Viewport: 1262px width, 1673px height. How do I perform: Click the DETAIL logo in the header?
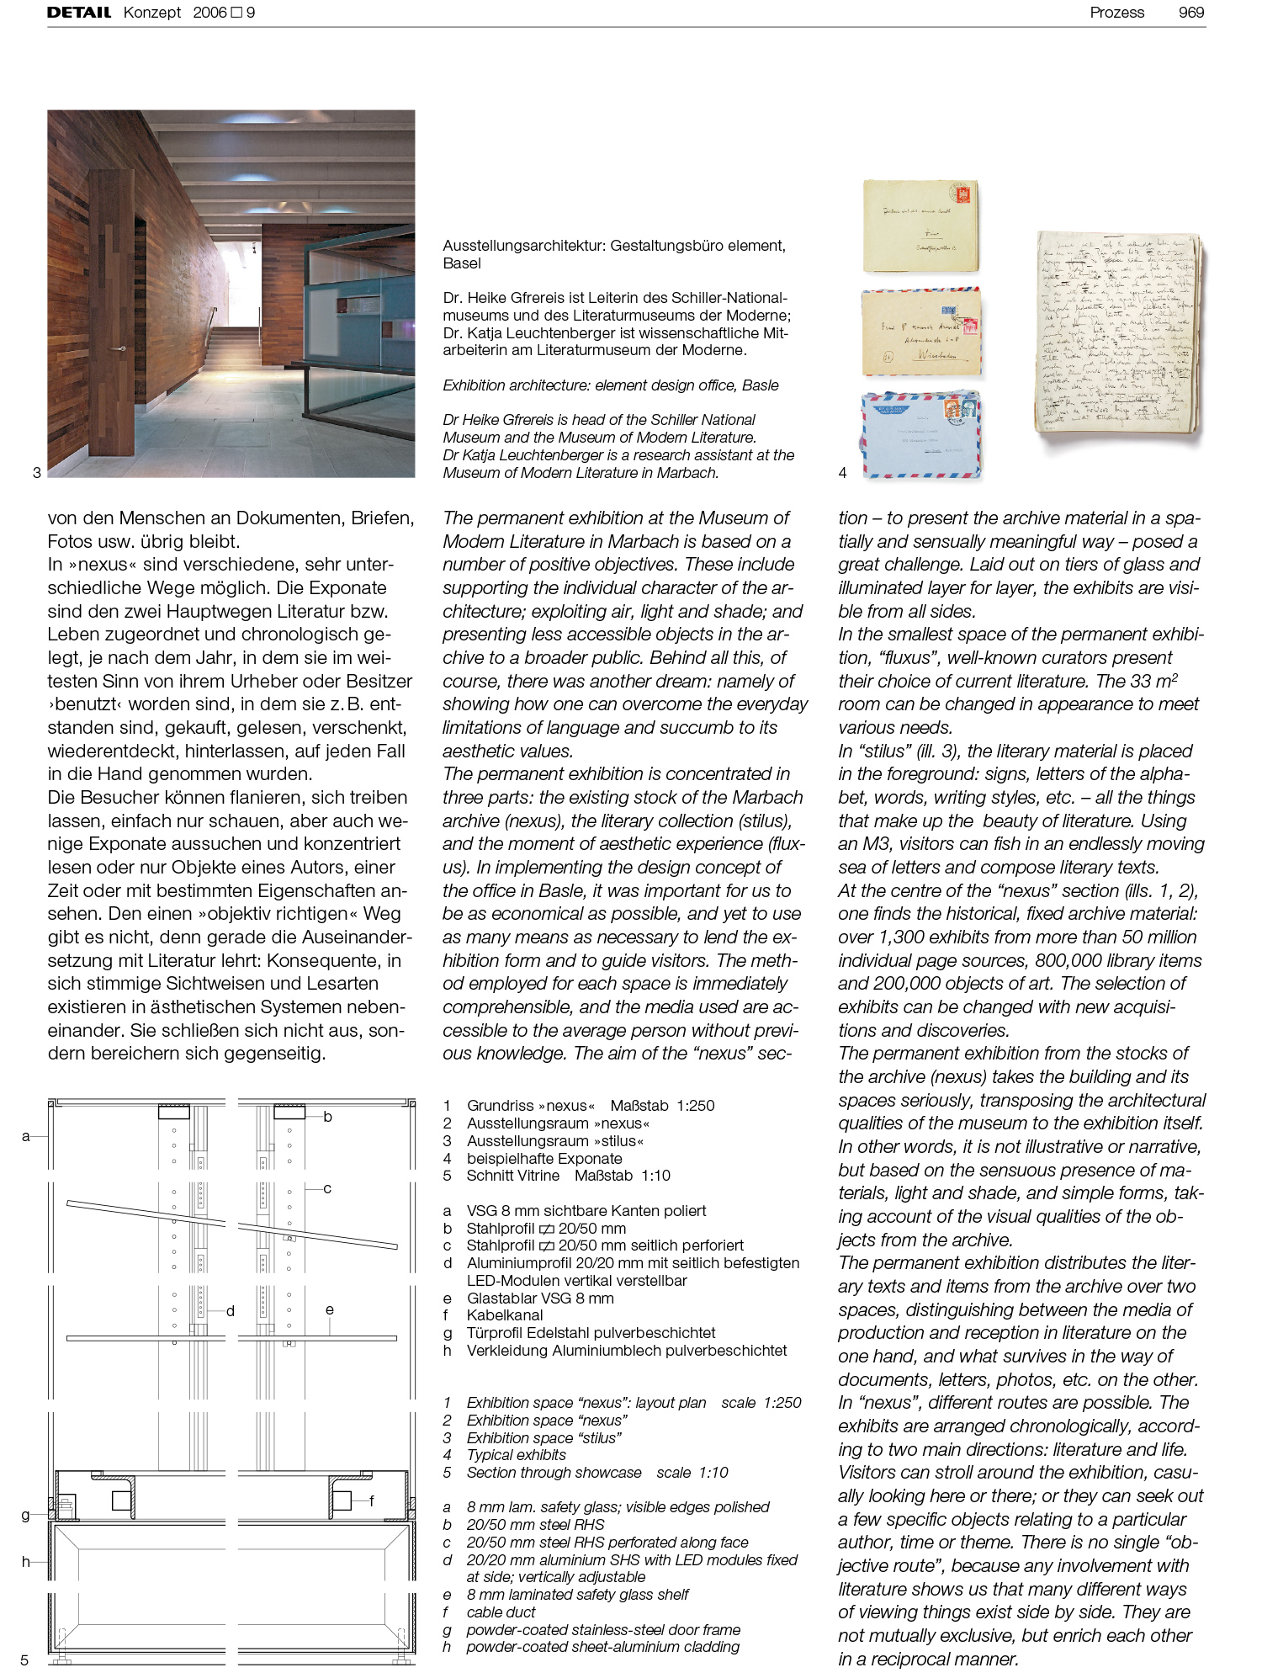pos(79,13)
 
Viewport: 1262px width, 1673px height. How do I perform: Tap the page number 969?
pos(1190,13)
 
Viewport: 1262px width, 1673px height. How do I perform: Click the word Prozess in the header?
pos(1116,13)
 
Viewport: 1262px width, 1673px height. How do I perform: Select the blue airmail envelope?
pos(922,434)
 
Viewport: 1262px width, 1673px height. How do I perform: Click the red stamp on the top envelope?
pos(962,194)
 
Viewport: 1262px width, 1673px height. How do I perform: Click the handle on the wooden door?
pos(123,348)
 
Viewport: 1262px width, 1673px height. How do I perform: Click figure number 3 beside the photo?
pos(36,473)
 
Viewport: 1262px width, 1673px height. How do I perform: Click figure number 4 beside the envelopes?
pos(842,473)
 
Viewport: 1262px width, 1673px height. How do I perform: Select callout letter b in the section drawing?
pos(327,1117)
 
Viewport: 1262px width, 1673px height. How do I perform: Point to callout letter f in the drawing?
pos(371,1500)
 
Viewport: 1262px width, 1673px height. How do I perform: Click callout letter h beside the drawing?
pos(25,1562)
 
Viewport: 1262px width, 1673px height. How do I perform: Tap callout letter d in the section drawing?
pos(230,1311)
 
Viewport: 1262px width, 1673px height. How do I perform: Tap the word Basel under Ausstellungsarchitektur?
pos(462,263)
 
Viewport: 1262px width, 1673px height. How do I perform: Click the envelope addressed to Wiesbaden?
pos(922,332)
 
